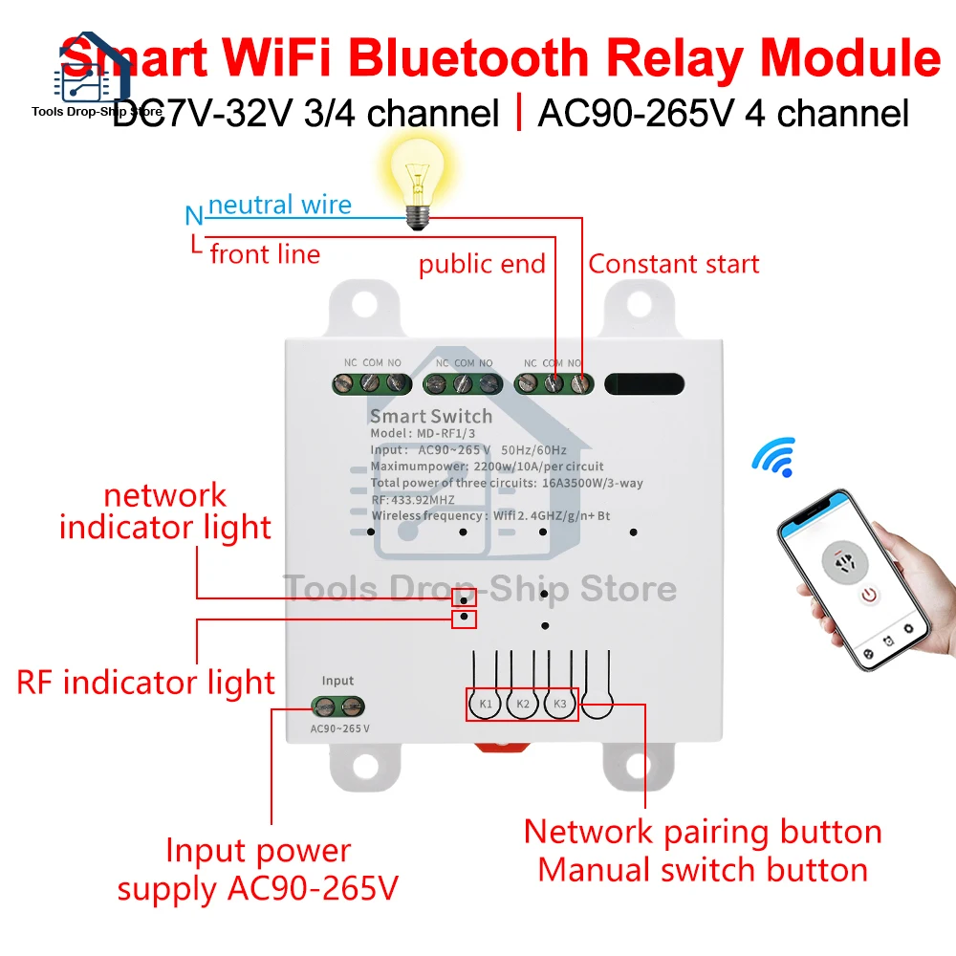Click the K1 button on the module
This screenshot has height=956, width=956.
coord(486,705)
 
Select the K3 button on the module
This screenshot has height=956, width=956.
coord(560,705)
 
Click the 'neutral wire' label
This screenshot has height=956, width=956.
coord(279,205)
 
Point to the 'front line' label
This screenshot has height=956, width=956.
coord(265,254)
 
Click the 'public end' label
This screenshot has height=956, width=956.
coord(482,264)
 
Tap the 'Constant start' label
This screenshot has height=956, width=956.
coord(673,264)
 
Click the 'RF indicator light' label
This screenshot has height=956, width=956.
coord(146,683)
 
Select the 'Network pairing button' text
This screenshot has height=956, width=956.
coord(702,831)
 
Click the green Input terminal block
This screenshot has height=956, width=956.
coord(337,707)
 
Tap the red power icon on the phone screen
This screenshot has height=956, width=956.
coord(868,596)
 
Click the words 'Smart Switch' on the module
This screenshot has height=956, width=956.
coord(430,416)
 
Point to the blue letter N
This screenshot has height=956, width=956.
coord(194,216)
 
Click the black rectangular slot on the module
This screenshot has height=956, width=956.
coord(645,384)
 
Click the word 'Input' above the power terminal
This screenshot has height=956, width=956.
coord(337,681)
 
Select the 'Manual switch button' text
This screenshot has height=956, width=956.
coord(702,870)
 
